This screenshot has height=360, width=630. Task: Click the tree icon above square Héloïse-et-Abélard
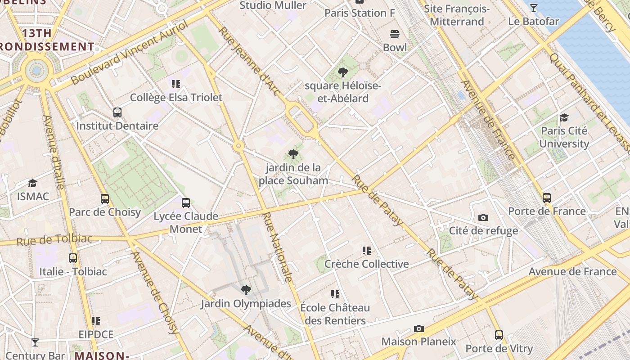tap(342, 72)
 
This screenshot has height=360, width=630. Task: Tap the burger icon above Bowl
tap(395, 34)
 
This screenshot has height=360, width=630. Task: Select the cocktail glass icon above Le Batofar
tap(533, 8)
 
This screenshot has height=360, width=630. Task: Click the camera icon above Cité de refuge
tap(483, 218)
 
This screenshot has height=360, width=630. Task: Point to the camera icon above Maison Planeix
tap(419, 328)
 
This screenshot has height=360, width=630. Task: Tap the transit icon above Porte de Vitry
tap(499, 335)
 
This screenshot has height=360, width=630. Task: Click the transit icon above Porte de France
tap(547, 198)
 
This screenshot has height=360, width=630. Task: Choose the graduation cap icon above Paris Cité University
tap(564, 118)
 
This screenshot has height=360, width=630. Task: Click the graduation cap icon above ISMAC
tap(32, 183)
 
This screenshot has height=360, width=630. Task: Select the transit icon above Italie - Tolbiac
tap(73, 258)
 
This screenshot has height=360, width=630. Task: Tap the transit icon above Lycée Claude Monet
tap(185, 203)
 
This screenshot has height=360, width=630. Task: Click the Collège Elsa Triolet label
tap(176, 98)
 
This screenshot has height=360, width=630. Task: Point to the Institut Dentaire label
tap(117, 126)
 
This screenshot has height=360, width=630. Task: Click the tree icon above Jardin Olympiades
tap(246, 290)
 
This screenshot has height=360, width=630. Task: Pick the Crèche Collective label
tap(366, 264)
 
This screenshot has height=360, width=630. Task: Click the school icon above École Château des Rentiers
tap(335, 294)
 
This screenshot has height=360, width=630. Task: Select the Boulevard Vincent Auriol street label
tap(129, 53)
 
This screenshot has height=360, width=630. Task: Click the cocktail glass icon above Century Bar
tap(35, 342)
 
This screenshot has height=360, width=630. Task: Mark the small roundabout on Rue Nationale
tap(238, 145)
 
